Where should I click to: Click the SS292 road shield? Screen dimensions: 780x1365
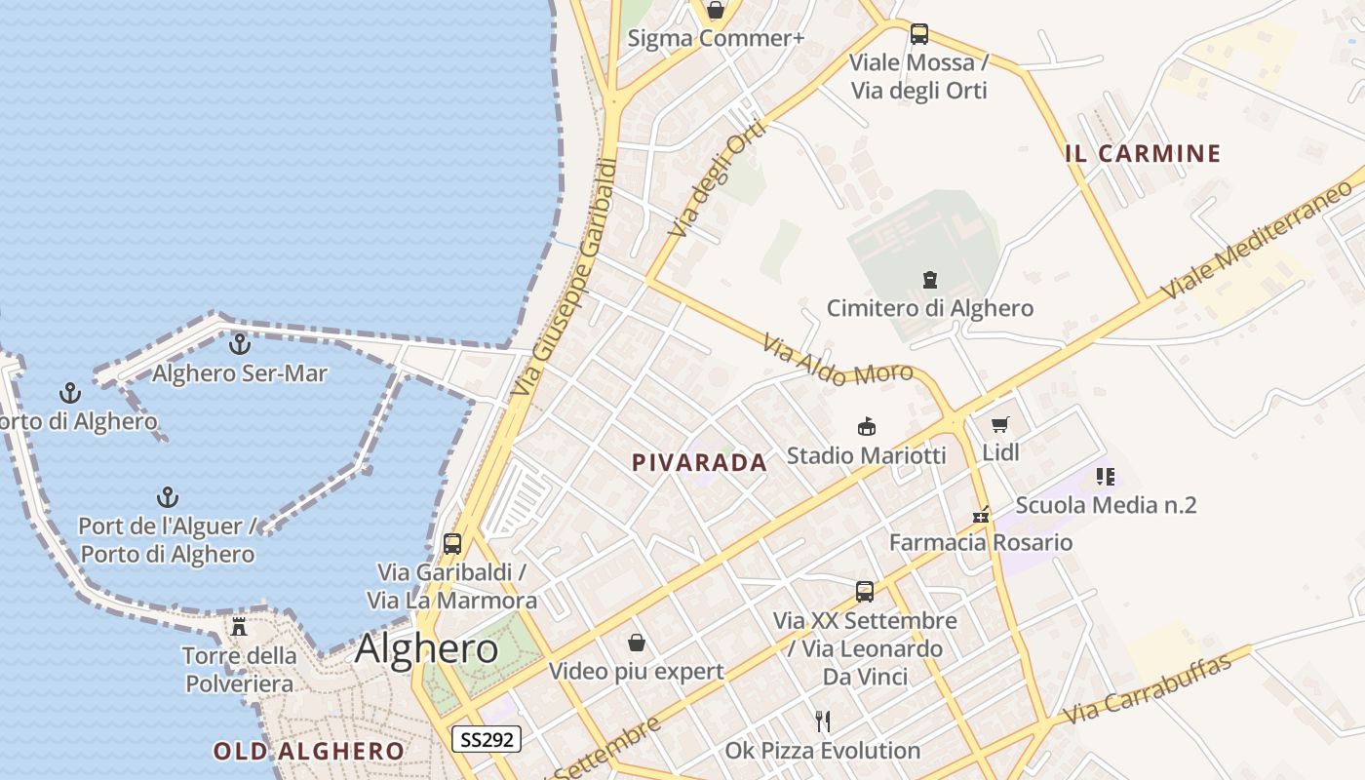coord(487,739)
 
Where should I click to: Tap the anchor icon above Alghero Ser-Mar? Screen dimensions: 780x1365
coord(239,344)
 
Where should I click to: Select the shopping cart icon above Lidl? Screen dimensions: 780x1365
coord(999,424)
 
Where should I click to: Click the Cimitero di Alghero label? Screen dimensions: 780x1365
coord(929,308)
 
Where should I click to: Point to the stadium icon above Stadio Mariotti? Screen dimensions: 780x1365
coord(866,427)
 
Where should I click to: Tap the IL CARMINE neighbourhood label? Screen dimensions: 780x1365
coord(1143,153)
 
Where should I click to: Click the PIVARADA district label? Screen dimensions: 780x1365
coord(699,463)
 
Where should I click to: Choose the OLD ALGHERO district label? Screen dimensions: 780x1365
coord(308,751)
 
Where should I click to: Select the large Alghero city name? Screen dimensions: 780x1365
coord(427,648)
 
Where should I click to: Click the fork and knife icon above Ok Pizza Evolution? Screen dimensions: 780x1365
coord(823,721)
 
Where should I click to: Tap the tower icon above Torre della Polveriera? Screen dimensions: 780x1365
coord(239,626)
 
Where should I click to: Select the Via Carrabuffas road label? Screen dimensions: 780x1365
coord(1147,689)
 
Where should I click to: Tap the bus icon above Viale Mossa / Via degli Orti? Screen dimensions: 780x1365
coord(918,34)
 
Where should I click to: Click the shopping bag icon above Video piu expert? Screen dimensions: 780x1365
coord(636,643)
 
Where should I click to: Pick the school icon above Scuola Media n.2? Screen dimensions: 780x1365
coord(1105,477)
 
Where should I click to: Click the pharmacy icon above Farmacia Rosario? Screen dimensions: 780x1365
coord(981,515)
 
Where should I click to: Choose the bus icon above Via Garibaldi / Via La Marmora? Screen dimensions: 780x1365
coord(451,544)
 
